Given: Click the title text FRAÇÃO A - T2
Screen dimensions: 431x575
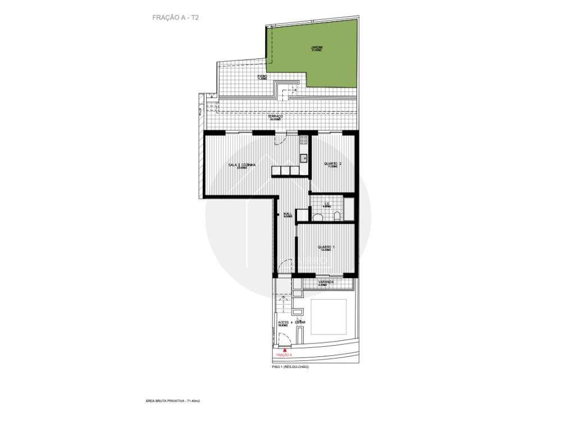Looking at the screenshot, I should coord(175,18).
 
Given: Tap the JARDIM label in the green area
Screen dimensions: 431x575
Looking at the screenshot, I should coord(317,48).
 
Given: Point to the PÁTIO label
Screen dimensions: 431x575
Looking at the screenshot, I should coord(262,77).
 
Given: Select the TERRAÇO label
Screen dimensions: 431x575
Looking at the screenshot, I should coord(275,117).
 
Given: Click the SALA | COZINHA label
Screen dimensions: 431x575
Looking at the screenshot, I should coord(242,165).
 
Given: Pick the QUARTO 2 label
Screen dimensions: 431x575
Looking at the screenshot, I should coord(332,165).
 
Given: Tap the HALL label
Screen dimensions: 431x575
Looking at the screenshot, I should coord(287,214).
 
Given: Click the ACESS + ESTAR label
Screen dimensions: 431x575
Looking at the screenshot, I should coord(291,323).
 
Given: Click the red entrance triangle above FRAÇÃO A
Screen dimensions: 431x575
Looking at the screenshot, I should coord(284,350).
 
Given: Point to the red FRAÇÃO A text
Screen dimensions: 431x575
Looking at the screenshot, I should coord(284,355).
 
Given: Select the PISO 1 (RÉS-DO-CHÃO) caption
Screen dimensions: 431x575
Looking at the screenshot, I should coord(290,366).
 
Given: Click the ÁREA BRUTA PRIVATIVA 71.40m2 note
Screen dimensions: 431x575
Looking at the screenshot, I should coord(174,401).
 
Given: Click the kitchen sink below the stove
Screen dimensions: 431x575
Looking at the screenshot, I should coord(303,158).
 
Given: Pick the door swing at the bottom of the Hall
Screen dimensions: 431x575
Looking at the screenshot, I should coord(285,266).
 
